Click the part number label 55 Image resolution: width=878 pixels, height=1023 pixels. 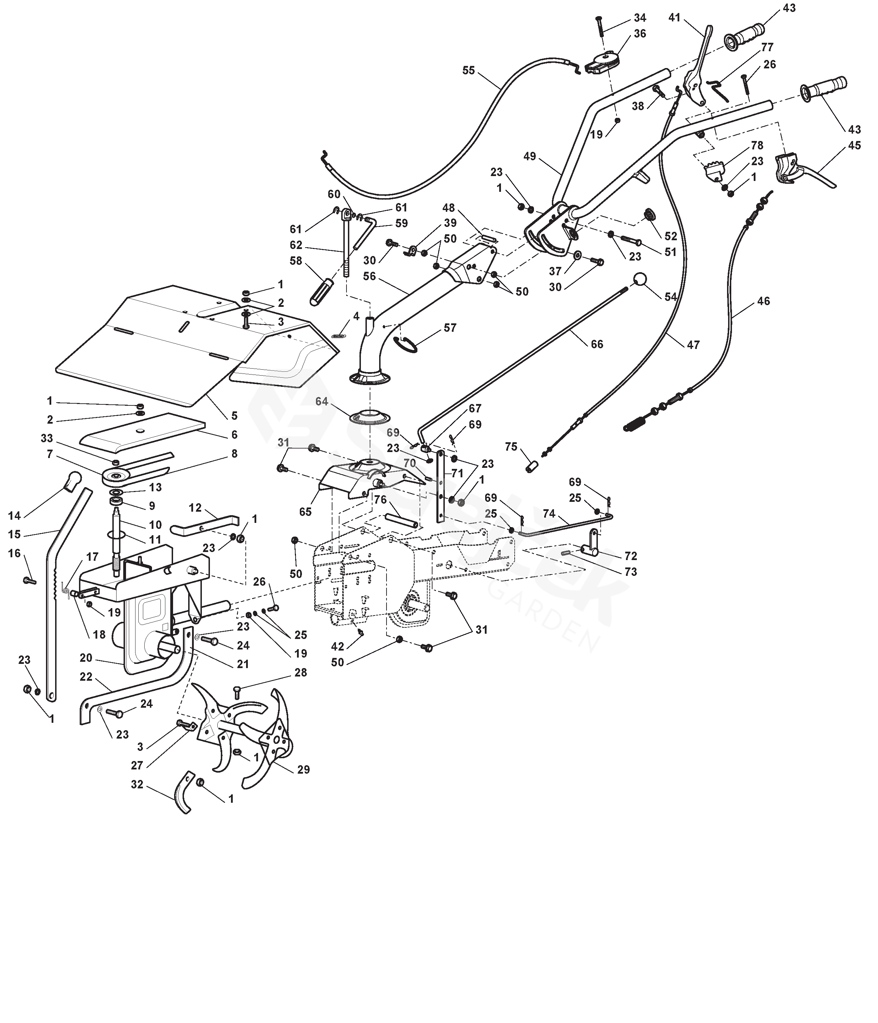click(x=468, y=70)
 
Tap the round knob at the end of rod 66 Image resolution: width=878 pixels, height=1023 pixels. click(x=640, y=280)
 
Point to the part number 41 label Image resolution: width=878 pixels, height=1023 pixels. click(x=674, y=18)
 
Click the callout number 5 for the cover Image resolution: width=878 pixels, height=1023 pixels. click(x=234, y=416)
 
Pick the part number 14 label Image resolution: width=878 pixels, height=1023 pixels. click(x=14, y=516)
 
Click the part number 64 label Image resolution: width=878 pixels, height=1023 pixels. click(x=322, y=402)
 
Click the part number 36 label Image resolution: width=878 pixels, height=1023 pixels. click(x=640, y=34)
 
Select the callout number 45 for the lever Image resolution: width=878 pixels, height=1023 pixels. click(x=854, y=145)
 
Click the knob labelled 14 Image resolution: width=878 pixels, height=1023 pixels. click(x=73, y=481)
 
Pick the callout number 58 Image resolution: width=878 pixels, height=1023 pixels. click(x=296, y=261)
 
